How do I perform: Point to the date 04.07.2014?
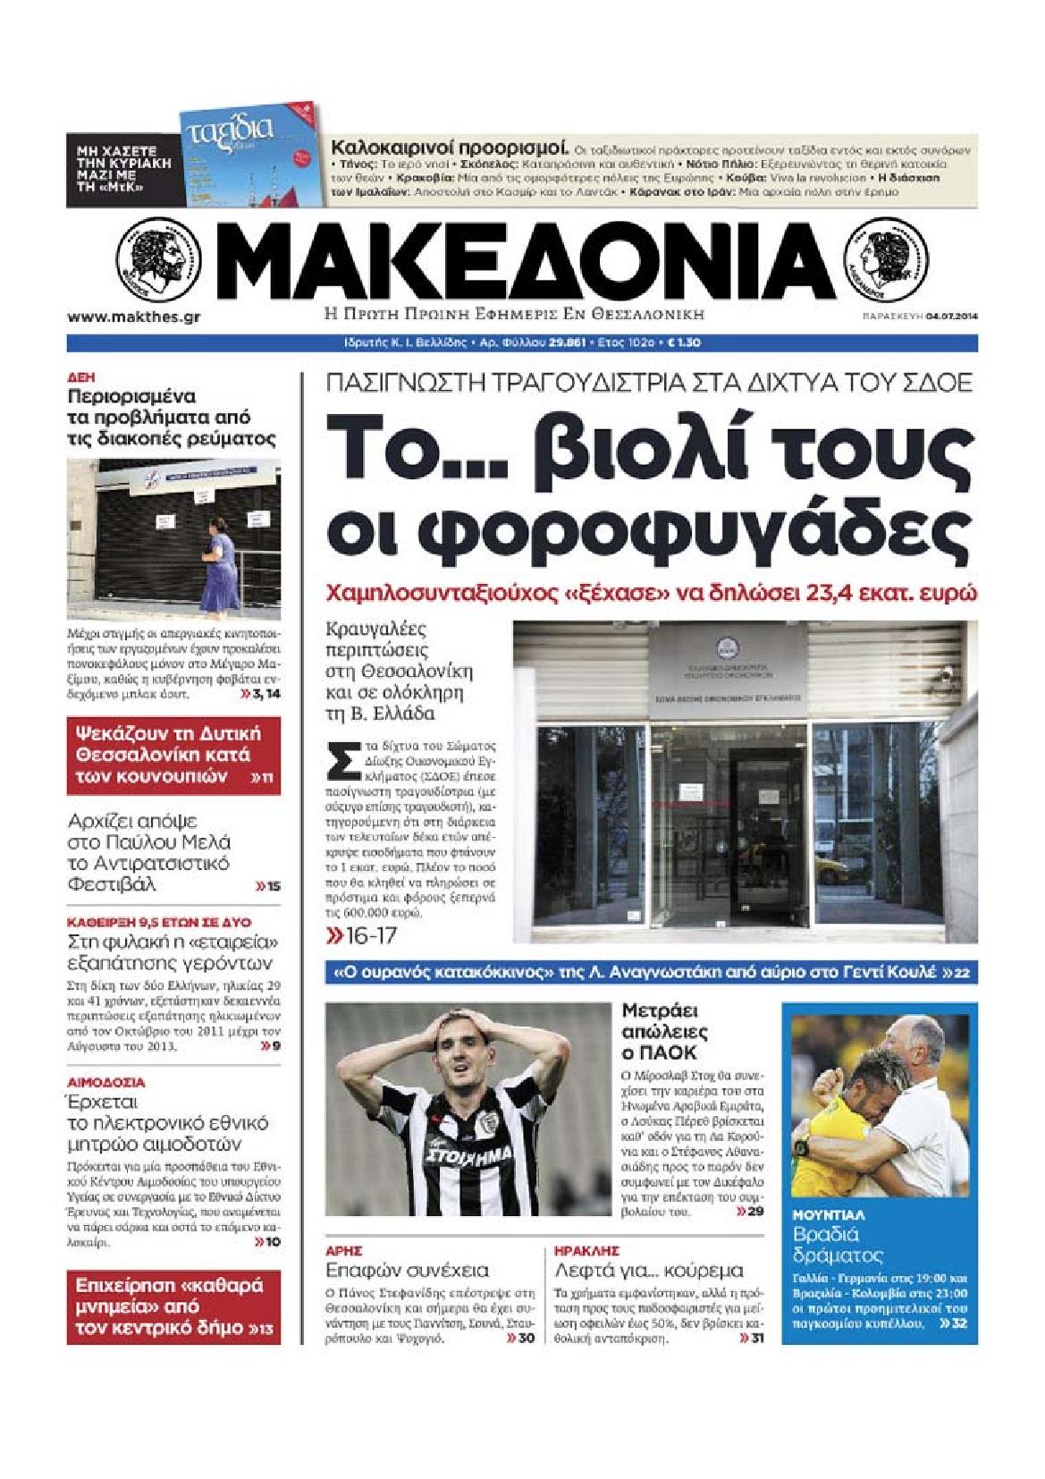pos(950,317)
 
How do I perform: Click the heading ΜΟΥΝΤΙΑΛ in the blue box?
pos(828,1216)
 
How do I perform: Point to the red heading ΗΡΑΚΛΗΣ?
pos(586,1251)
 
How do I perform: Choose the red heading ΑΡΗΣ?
pos(342,1251)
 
